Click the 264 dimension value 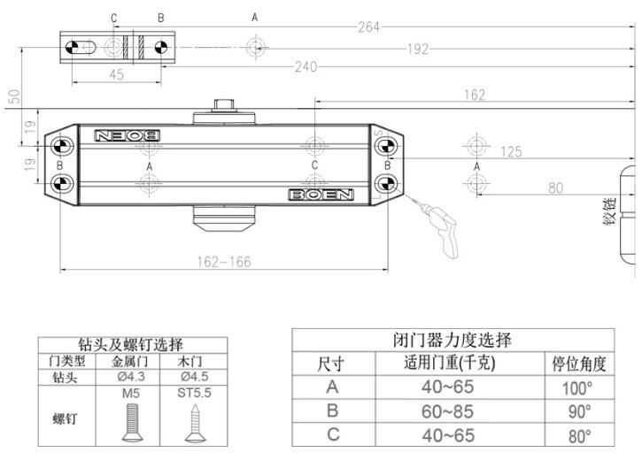[x=368, y=27]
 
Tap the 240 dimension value [x=306, y=66]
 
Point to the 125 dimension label [x=511, y=152]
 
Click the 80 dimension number [x=555, y=187]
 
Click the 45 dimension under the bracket [x=117, y=75]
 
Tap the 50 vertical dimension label [x=12, y=96]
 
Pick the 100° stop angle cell [x=576, y=387]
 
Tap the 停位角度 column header [x=577, y=364]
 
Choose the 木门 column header [x=195, y=361]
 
